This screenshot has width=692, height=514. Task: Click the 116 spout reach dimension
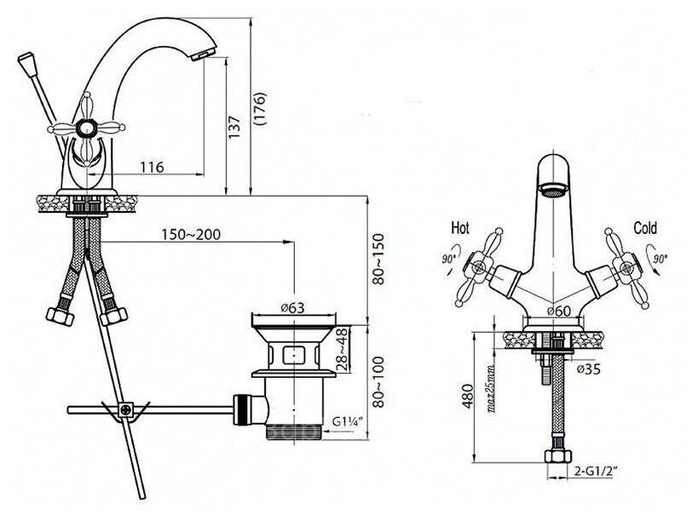(x=152, y=167)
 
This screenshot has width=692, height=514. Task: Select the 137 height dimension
(x=234, y=127)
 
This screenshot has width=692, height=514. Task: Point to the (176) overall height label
(x=260, y=109)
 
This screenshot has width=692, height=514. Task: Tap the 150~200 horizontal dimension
(x=191, y=235)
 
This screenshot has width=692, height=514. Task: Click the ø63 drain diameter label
(x=293, y=307)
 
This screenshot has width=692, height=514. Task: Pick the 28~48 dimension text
(x=343, y=349)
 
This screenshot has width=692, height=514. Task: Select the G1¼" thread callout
(x=348, y=422)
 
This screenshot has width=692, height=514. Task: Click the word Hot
(x=460, y=228)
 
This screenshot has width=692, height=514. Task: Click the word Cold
(x=645, y=228)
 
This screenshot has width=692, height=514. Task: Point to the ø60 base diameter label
(x=559, y=311)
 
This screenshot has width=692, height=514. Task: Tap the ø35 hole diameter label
(x=589, y=368)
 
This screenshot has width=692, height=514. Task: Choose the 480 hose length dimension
(x=467, y=397)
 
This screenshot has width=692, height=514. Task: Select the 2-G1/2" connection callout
(x=595, y=471)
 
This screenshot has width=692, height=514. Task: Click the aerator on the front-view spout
(x=554, y=191)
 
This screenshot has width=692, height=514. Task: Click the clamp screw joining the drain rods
(x=126, y=409)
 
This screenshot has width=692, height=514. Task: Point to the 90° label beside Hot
(x=448, y=259)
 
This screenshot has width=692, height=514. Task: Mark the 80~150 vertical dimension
(x=378, y=260)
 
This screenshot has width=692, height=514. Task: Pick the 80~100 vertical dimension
(x=378, y=382)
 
